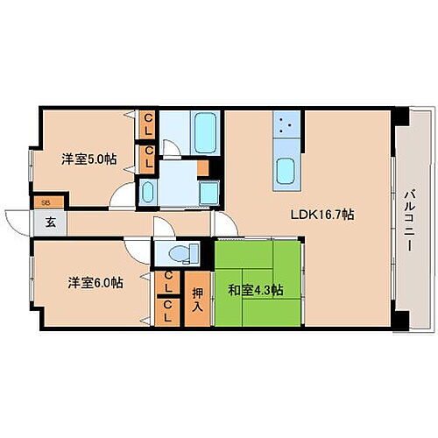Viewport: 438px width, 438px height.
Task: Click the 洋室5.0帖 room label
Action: point(88,159)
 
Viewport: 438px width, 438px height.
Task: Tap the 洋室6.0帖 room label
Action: point(95,283)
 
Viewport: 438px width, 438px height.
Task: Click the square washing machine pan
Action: point(208,191)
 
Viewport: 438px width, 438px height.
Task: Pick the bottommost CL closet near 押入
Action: point(166,312)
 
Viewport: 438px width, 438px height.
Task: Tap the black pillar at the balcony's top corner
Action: point(399,116)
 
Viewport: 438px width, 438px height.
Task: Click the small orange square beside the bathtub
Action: point(202,168)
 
